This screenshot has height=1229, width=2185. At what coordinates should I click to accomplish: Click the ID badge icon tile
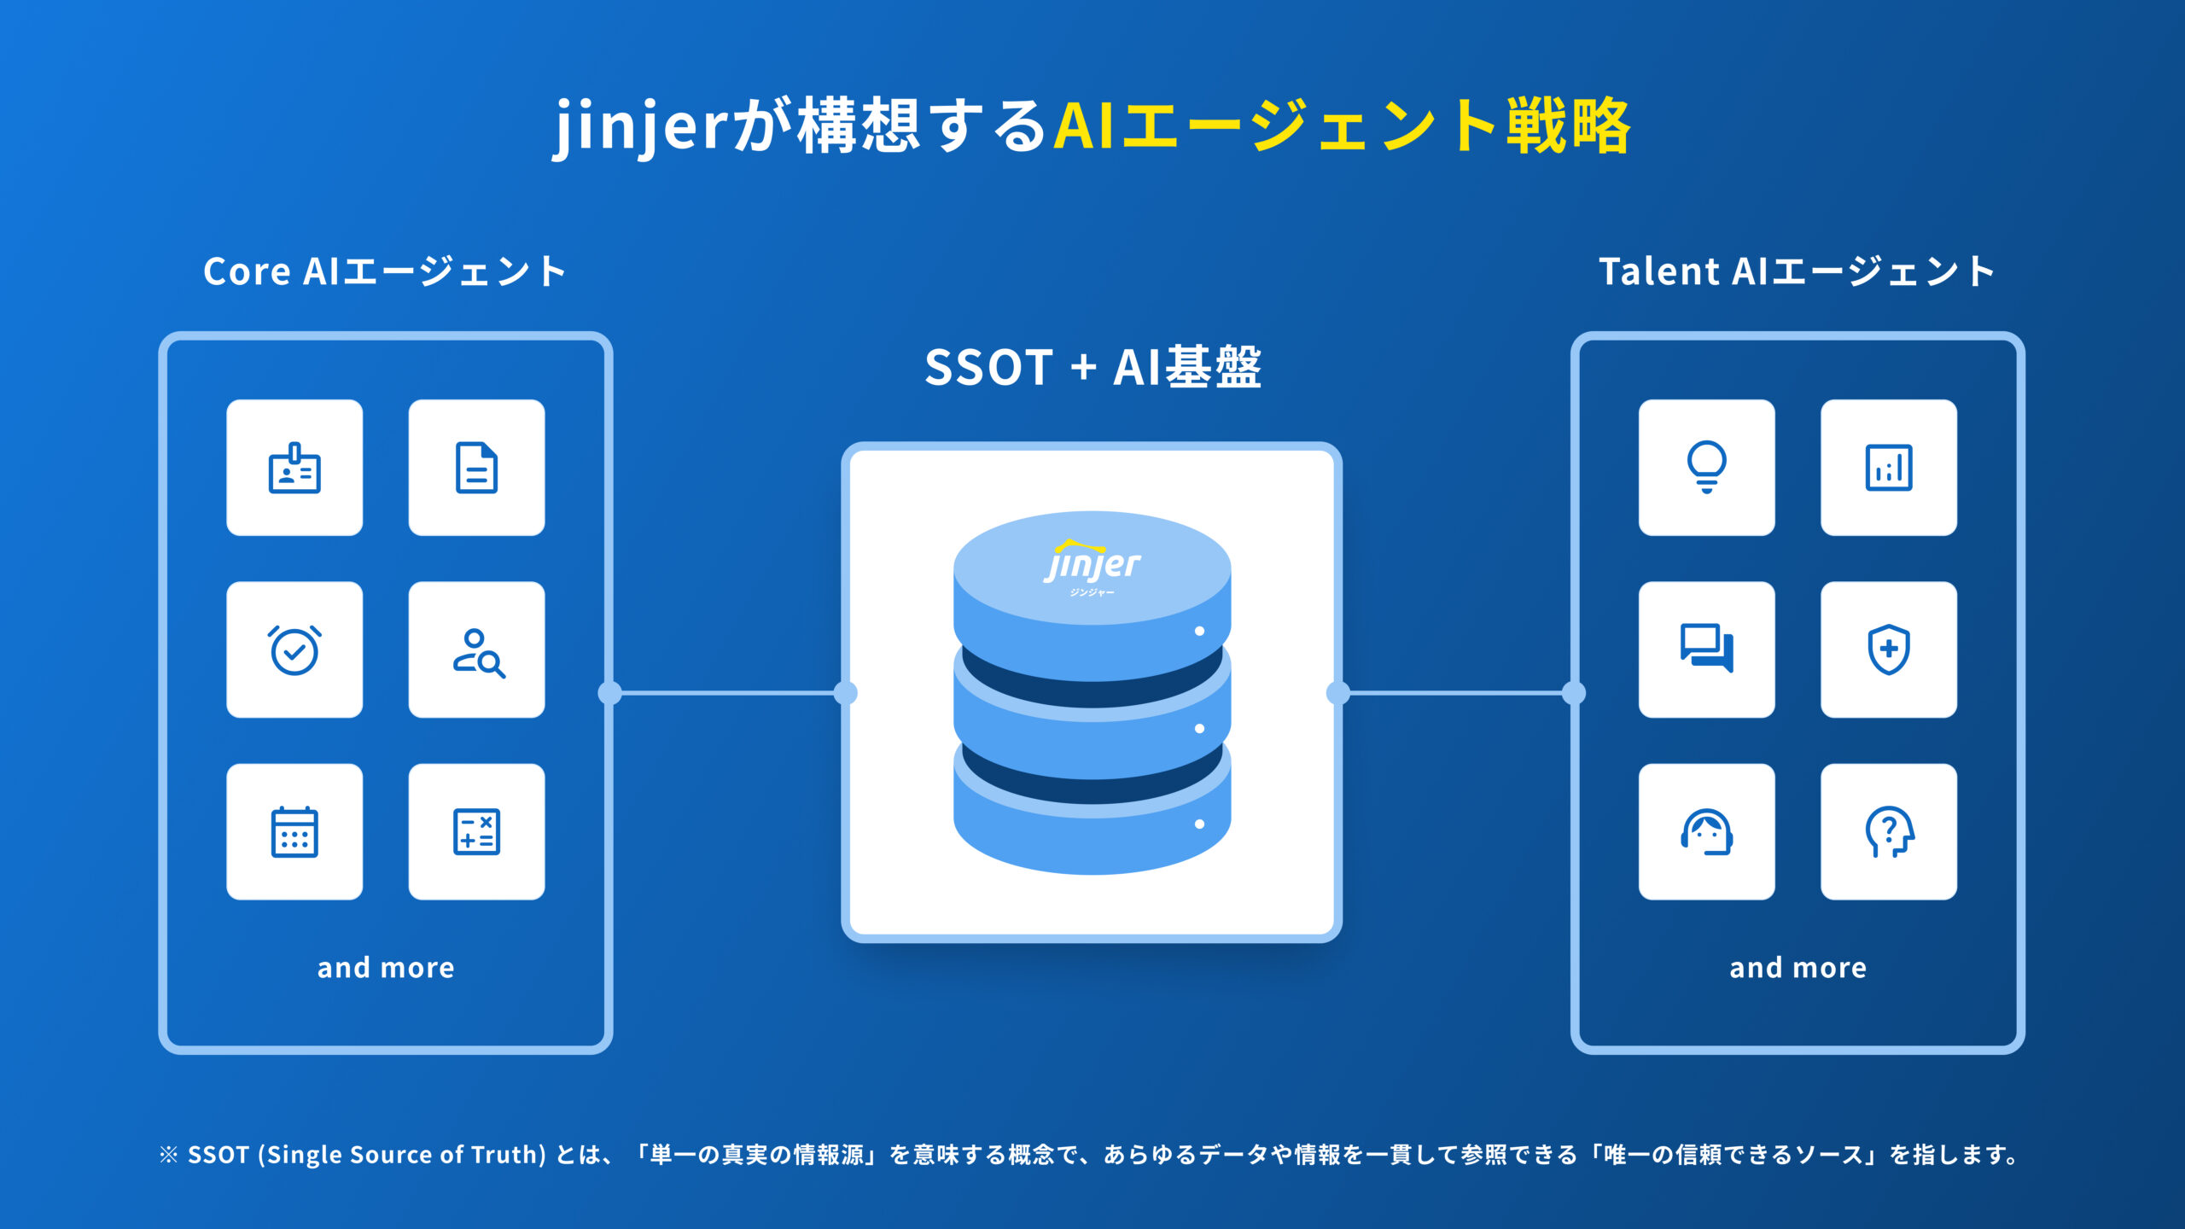pos(294,468)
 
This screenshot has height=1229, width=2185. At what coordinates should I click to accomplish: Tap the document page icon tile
pos(476,468)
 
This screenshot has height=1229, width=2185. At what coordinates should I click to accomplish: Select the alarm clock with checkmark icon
pos(294,650)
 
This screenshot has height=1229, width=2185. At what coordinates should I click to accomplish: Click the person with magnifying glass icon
pos(476,650)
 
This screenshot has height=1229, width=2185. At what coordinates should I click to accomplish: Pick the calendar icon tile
pos(294,832)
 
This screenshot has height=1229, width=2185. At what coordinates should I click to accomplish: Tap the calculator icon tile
pos(476,832)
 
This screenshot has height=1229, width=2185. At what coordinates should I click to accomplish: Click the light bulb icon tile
pos(1706,468)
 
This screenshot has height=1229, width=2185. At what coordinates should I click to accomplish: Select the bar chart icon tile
pos(1888,468)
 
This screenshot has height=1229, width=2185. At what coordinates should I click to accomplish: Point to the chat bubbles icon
pos(1706,650)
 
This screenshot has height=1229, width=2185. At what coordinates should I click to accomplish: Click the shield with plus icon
pos(1888,650)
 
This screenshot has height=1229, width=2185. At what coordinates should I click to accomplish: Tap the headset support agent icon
pos(1706,832)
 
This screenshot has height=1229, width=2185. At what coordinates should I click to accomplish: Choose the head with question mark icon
pos(1888,832)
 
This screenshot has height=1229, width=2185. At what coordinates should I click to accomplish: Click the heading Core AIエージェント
pos(385,272)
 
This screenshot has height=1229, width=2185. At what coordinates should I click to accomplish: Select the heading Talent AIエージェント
pos(1797,272)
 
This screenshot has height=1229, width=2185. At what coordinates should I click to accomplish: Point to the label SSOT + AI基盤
pos(1092,368)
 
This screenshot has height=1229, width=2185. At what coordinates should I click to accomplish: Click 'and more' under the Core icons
pos(386,968)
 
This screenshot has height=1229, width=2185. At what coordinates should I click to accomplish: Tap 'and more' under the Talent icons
pos(1798,968)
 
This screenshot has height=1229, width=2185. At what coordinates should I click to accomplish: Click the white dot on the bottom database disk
pos(1199,824)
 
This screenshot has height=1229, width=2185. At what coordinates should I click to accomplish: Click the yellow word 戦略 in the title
pos(1568,126)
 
